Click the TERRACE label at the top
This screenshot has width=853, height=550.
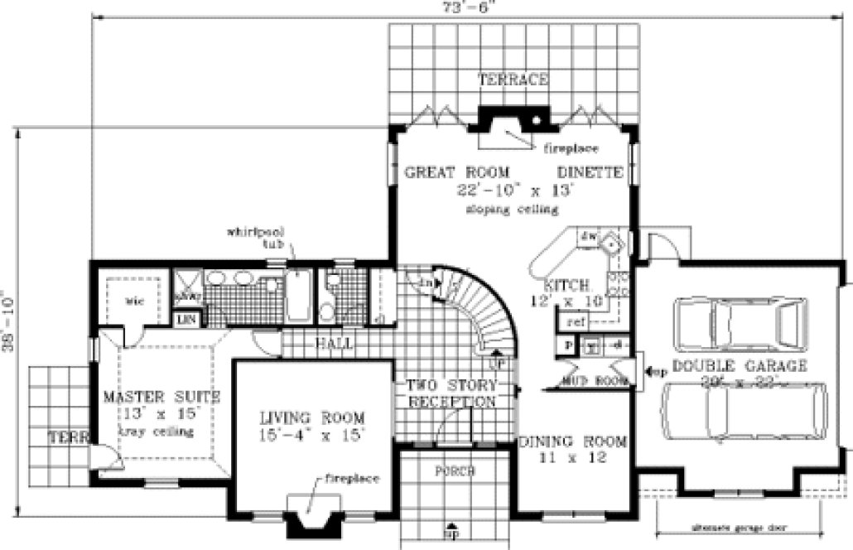(513, 80)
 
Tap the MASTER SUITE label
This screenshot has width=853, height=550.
(154, 397)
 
